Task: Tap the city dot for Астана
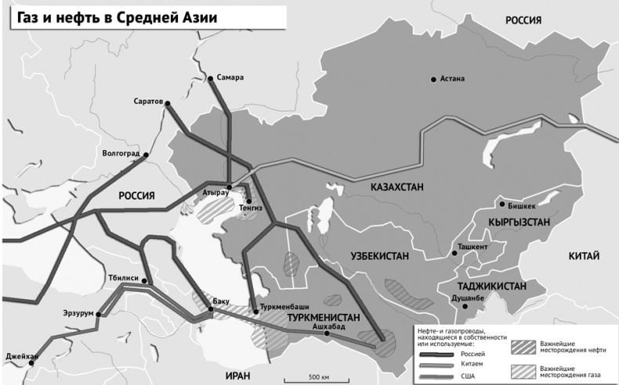(433, 78)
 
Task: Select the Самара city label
(229, 77)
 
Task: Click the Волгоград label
(120, 153)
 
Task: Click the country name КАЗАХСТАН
(392, 187)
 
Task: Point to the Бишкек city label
(521, 206)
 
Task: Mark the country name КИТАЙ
(585, 256)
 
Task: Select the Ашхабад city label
(328, 326)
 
